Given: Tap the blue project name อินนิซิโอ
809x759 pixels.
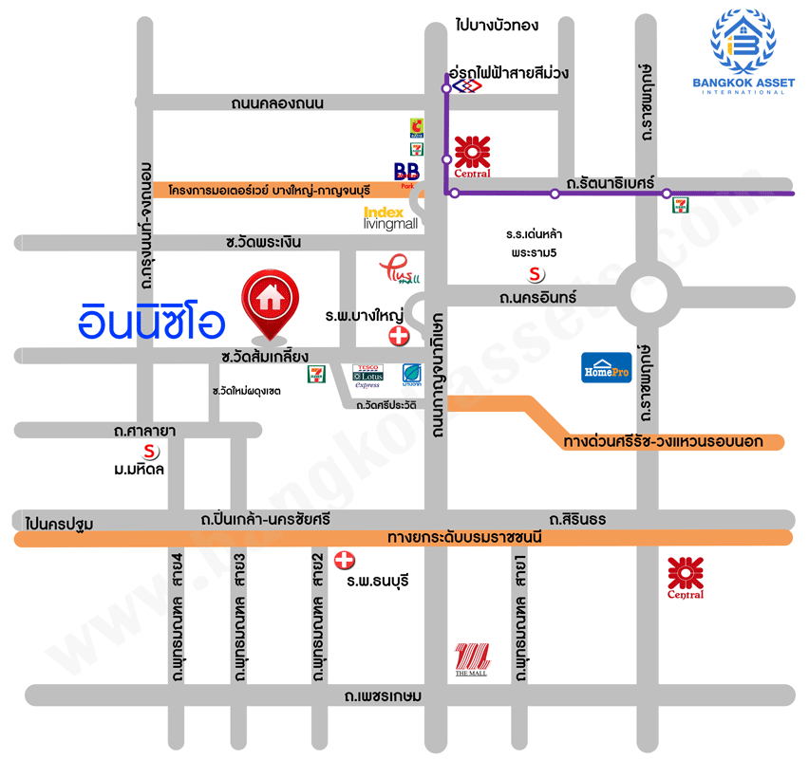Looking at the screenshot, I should click(152, 322).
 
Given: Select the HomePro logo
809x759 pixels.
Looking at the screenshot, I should click(606, 368).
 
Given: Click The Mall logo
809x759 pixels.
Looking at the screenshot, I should click(471, 657).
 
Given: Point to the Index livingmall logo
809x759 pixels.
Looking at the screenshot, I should click(390, 218).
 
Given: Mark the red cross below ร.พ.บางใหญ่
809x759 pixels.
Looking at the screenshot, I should click(400, 336).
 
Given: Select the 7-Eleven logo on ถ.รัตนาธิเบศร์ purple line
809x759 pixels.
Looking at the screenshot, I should click(680, 204).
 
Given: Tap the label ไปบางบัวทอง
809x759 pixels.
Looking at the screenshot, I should click(497, 26).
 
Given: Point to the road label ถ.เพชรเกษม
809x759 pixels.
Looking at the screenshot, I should click(385, 695).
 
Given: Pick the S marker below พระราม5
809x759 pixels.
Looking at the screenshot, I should click(536, 274).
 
